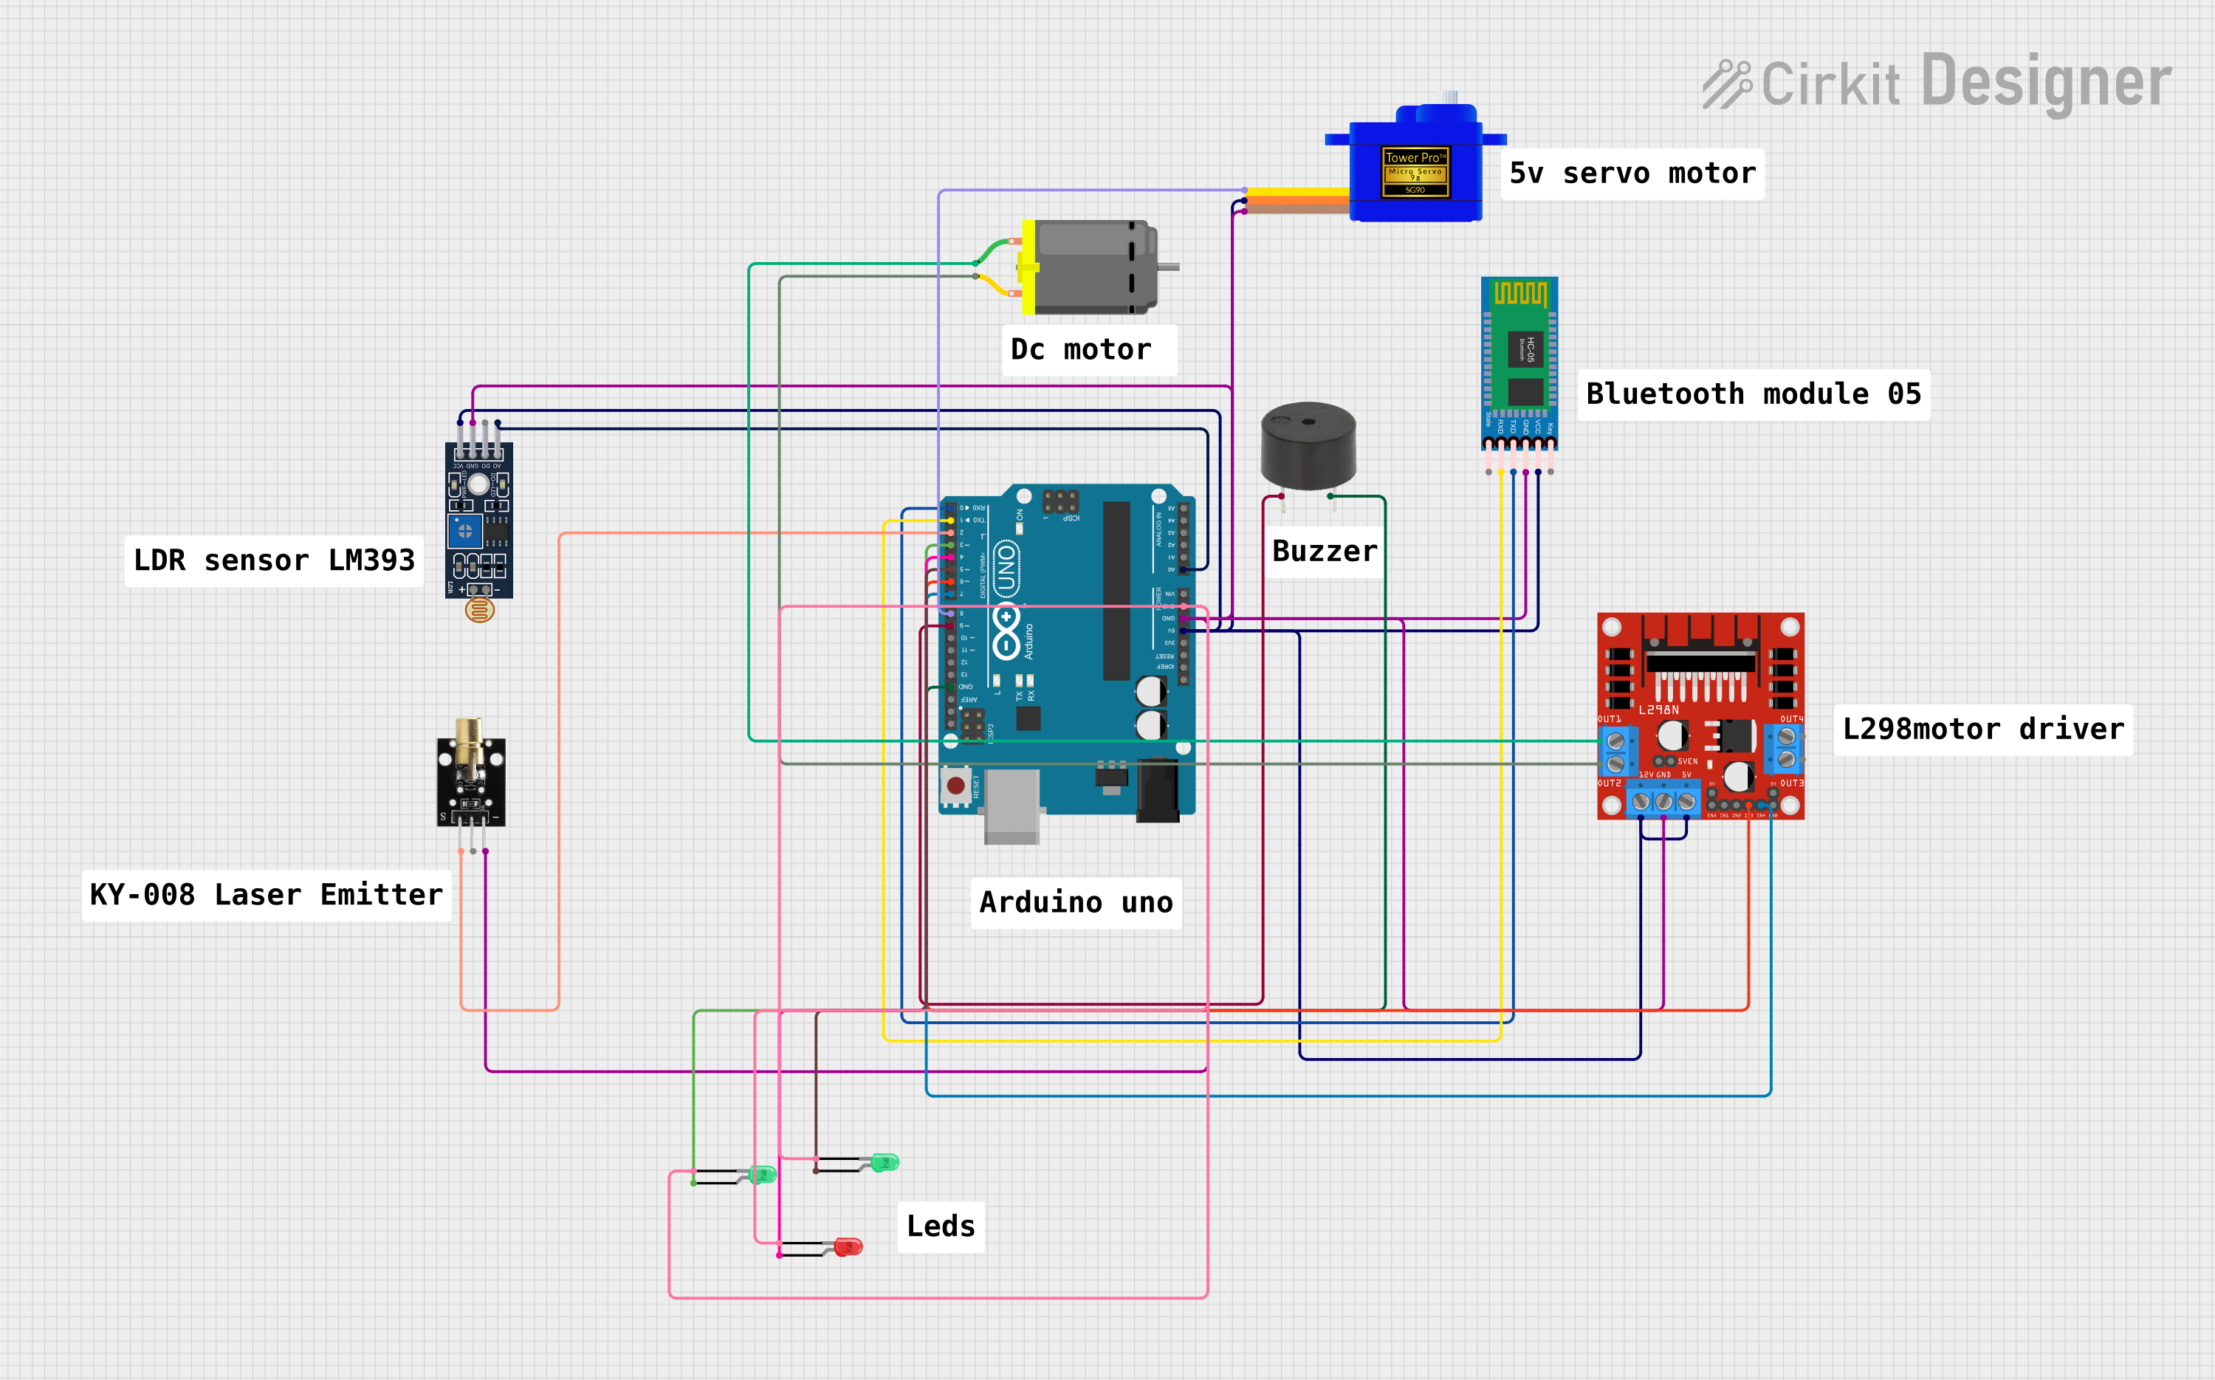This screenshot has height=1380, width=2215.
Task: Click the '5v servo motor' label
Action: click(1632, 174)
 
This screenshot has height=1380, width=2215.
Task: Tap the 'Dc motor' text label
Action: click(1081, 349)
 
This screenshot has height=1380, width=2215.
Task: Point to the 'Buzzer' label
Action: click(1325, 552)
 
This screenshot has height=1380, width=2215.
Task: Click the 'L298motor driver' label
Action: click(1982, 730)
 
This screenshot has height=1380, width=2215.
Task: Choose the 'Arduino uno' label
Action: click(1075, 903)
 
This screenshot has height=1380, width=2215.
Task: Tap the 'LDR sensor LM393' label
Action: click(274, 560)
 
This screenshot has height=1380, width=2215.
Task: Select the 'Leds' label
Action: click(940, 1226)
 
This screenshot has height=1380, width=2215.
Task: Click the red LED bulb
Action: click(849, 1247)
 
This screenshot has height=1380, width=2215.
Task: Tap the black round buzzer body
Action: click(1308, 445)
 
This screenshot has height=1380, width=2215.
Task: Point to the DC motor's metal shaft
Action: click(1168, 267)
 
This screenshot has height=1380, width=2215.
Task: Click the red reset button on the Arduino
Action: click(955, 785)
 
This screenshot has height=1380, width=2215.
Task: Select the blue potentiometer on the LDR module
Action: click(464, 530)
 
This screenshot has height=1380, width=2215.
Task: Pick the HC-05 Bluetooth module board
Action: click(1519, 360)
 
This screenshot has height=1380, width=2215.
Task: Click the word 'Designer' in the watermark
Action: click(2045, 82)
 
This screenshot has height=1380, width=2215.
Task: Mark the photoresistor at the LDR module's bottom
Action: click(479, 610)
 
